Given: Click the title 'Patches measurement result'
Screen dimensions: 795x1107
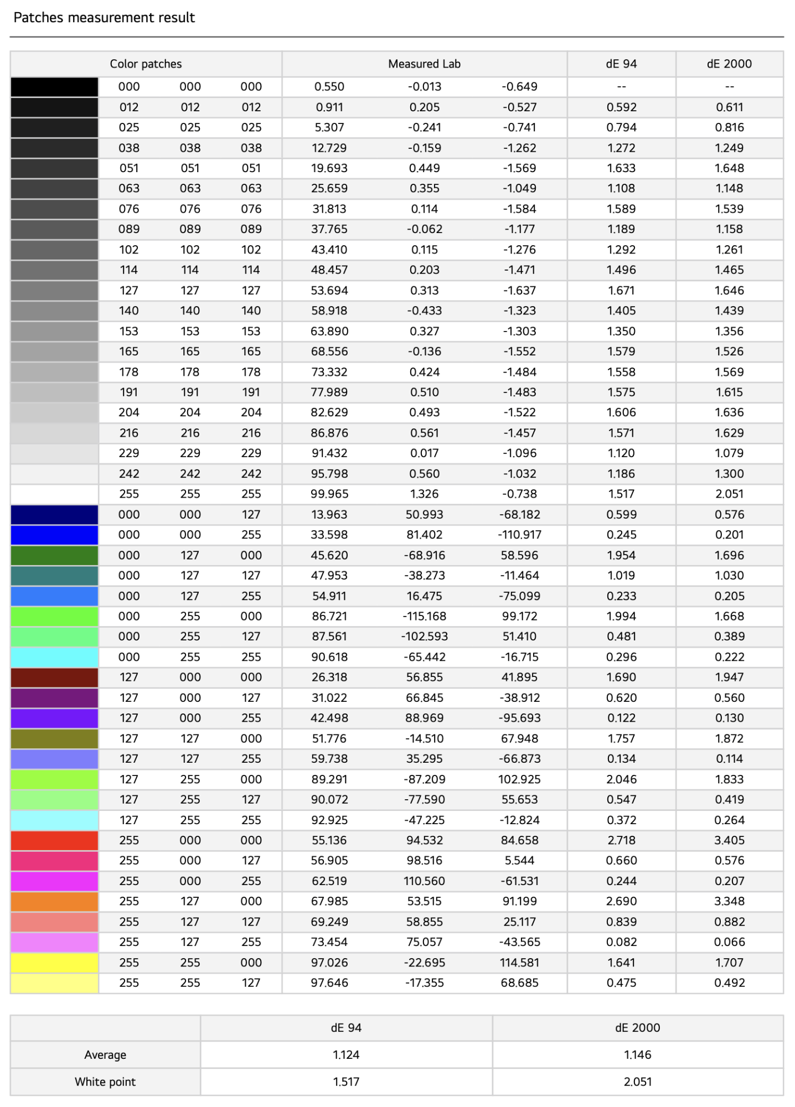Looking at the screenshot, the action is pyautogui.click(x=104, y=18).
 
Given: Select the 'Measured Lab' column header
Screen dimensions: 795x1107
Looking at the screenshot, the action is pyautogui.click(x=424, y=64).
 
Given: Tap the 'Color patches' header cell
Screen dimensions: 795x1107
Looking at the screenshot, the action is pyautogui.click(x=146, y=64).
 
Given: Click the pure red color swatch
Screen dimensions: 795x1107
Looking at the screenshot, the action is pyautogui.click(x=54, y=840).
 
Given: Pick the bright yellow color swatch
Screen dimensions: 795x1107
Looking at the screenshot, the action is pyautogui.click(x=54, y=963).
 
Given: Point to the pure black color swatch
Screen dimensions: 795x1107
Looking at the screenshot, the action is pyautogui.click(x=54, y=87).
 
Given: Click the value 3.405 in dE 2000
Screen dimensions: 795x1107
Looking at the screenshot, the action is pyautogui.click(x=729, y=840).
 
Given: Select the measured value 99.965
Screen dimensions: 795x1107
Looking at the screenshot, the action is pyautogui.click(x=329, y=494).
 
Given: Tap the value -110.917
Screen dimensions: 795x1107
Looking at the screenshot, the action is pyautogui.click(x=519, y=535).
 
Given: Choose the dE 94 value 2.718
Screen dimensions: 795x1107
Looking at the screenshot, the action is pyautogui.click(x=621, y=840).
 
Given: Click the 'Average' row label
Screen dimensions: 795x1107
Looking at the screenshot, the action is pyautogui.click(x=105, y=1055).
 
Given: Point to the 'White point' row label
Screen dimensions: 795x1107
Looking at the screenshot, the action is pyautogui.click(x=105, y=1082).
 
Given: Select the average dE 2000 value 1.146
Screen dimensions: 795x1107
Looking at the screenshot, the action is pyautogui.click(x=637, y=1055).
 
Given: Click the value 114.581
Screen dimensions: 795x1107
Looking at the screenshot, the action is pyautogui.click(x=519, y=963).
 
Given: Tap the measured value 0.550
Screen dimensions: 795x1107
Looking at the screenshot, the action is pyautogui.click(x=329, y=87).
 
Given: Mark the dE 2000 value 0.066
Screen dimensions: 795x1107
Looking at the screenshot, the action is pyautogui.click(x=729, y=942).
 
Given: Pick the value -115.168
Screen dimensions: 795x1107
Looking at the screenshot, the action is pyautogui.click(x=424, y=616).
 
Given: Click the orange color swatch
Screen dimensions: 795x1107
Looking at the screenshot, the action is pyautogui.click(x=54, y=901).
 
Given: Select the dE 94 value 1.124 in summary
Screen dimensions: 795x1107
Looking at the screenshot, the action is pyautogui.click(x=346, y=1055).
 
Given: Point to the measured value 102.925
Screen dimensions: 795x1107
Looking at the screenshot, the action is pyautogui.click(x=519, y=779).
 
